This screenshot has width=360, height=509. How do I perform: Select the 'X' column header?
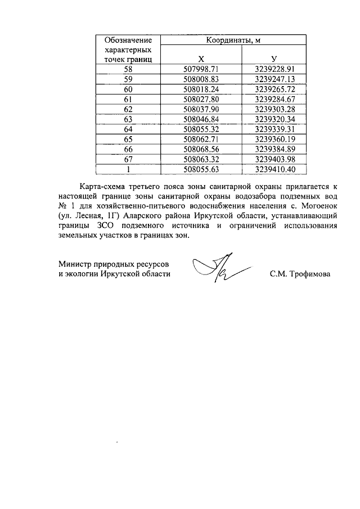201,59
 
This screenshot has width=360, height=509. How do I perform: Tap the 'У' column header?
274,59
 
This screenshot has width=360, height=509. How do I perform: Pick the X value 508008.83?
201,79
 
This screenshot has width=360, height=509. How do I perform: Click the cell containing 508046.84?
201,119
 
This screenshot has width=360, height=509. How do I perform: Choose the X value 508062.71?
201,139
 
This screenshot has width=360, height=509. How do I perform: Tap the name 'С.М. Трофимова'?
300,274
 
